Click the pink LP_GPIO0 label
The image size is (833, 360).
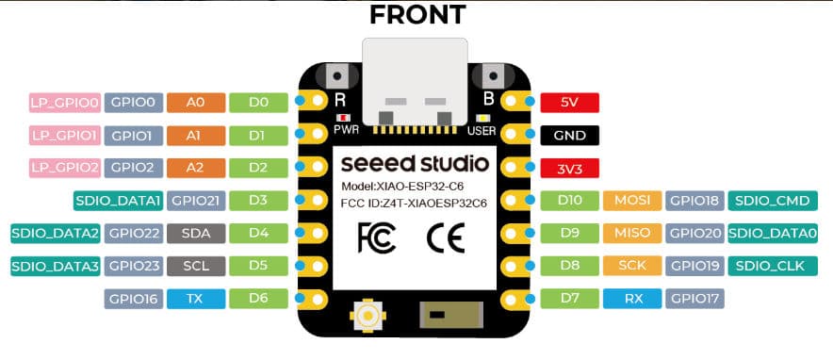[x=64, y=101]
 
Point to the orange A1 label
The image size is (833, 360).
[x=193, y=136]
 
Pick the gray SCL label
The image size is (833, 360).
[x=193, y=267]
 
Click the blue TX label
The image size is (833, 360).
[x=193, y=301]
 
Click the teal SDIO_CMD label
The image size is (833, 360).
[x=772, y=201]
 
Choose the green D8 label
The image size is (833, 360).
[x=568, y=267]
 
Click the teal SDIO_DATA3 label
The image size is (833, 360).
[x=55, y=267]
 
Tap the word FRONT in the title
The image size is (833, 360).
[x=416, y=16]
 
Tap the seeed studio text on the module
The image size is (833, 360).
[x=415, y=163]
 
